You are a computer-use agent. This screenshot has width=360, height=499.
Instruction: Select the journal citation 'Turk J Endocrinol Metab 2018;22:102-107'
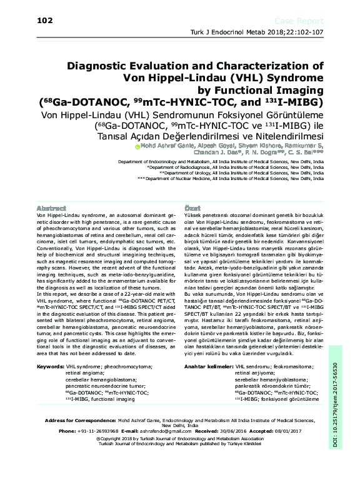(x=269, y=33)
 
